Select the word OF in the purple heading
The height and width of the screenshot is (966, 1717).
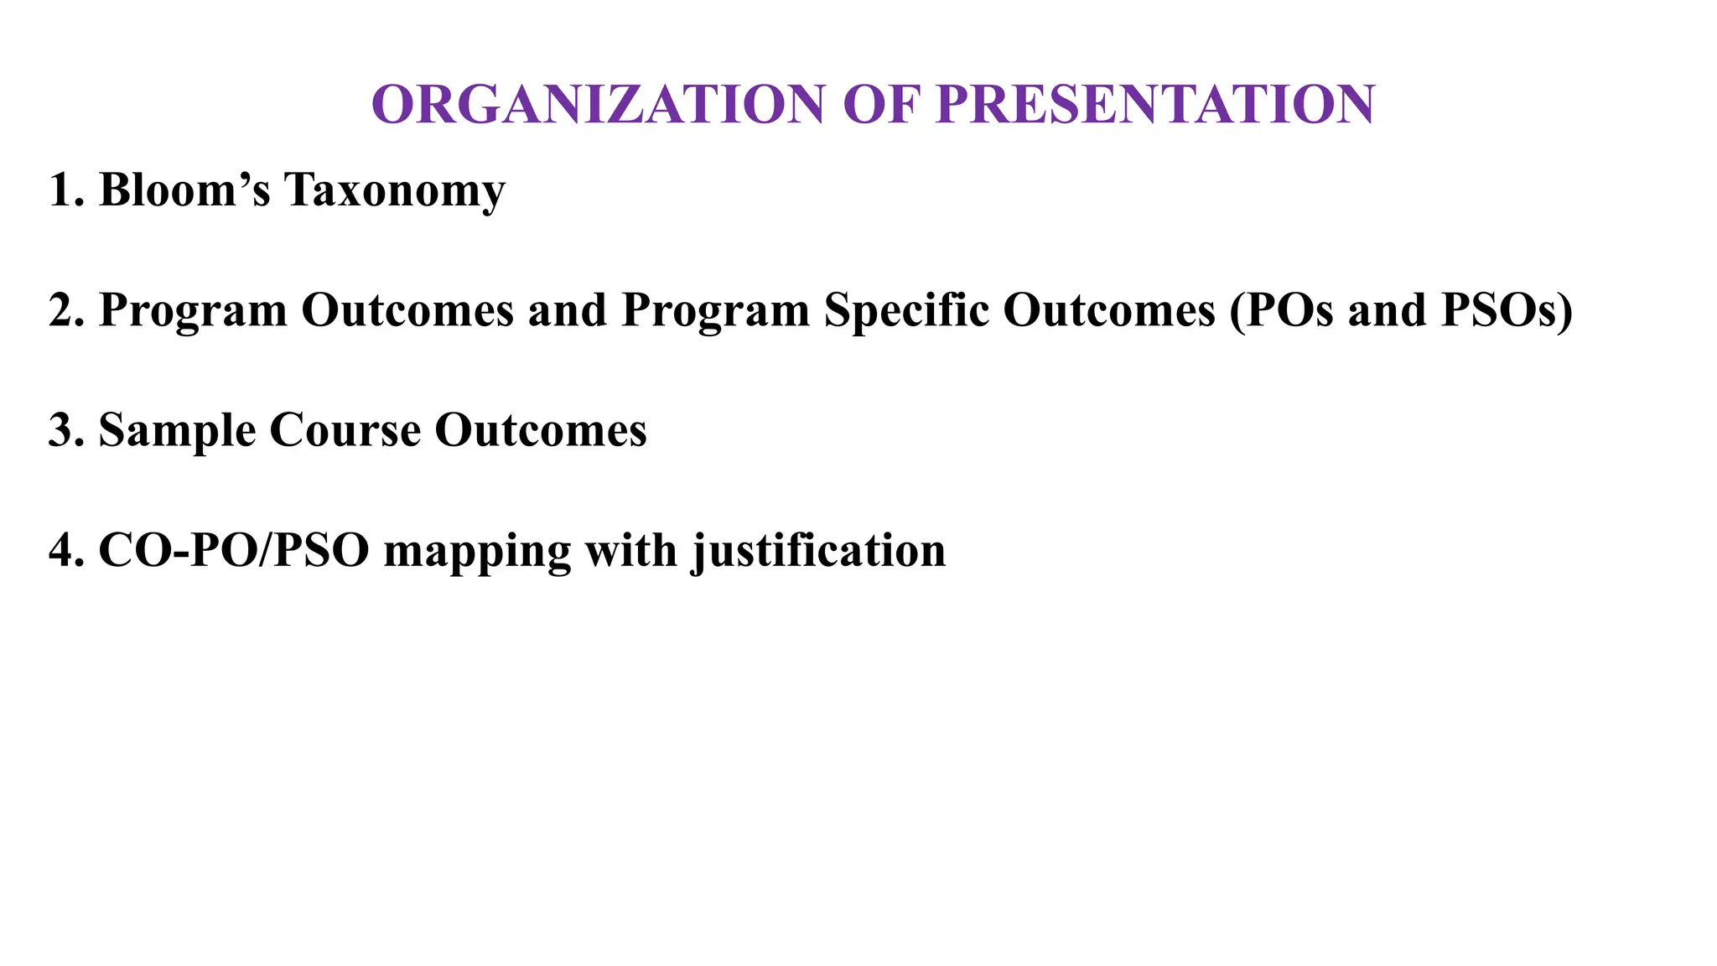coord(880,105)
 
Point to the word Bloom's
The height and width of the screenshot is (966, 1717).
coord(184,190)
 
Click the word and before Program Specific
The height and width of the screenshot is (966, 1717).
coord(567,310)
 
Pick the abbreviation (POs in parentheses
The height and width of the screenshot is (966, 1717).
coord(1282,310)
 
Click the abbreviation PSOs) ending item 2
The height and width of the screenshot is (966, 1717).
coord(1507,310)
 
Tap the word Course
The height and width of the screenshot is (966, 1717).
coord(345,430)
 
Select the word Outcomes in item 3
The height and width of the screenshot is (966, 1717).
coord(540,430)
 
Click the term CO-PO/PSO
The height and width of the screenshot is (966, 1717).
coord(234,551)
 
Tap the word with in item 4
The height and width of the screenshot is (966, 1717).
coord(630,551)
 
